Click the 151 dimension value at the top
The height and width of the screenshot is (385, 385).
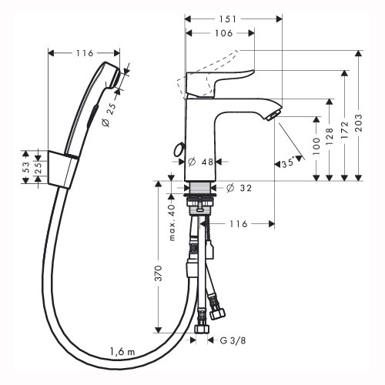(228, 19)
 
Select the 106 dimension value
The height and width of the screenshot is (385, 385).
(223, 33)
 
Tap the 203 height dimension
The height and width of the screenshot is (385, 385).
(359, 123)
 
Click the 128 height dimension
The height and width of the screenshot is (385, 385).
(330, 136)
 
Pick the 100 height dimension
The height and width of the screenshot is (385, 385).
(316, 146)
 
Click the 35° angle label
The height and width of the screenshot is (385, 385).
(288, 163)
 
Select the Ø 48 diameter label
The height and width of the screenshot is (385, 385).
(200, 162)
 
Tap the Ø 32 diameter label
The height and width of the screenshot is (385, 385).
(239, 188)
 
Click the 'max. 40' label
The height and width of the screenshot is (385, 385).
(172, 223)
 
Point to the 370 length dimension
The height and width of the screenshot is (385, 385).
(159, 273)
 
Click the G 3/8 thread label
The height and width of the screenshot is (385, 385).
(233, 340)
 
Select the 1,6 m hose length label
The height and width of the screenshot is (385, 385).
(122, 351)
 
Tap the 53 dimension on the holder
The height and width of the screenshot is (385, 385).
(26, 167)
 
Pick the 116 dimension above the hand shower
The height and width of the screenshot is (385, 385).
(85, 53)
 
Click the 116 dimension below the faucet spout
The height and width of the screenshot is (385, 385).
(239, 224)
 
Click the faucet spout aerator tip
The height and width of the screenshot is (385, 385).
(273, 115)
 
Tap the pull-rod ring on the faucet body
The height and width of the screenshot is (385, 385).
(179, 150)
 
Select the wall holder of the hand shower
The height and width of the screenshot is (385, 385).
(62, 169)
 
